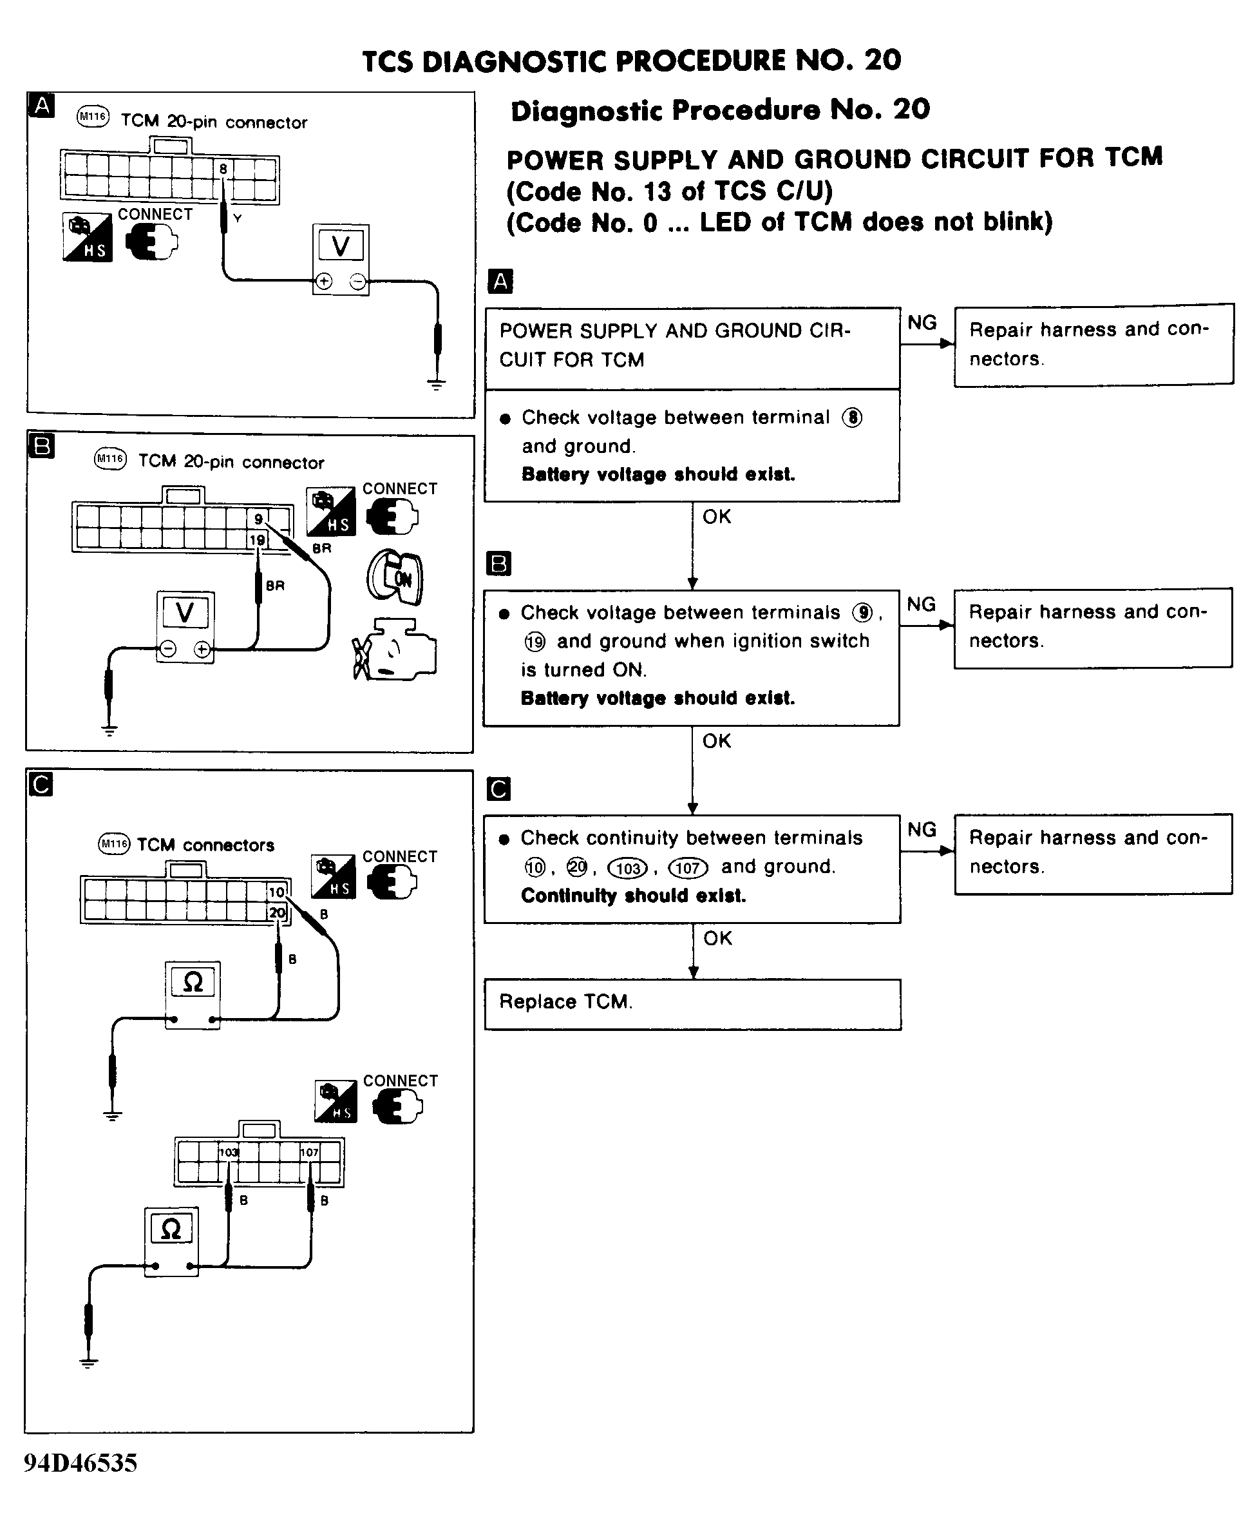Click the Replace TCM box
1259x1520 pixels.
click(x=692, y=1004)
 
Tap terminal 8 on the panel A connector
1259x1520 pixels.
click(x=223, y=169)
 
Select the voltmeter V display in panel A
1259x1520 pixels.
click(x=341, y=246)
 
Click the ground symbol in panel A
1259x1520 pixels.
click(x=437, y=383)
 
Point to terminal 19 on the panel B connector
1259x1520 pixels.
click(x=257, y=540)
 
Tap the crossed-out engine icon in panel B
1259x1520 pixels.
click(x=394, y=650)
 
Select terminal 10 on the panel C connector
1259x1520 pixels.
click(x=276, y=892)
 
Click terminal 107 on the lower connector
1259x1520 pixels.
click(x=309, y=1152)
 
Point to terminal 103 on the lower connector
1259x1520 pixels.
click(x=229, y=1152)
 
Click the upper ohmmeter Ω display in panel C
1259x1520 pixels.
click(x=193, y=982)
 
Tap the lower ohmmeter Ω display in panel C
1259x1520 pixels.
click(x=171, y=1228)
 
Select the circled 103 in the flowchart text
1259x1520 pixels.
click(x=627, y=868)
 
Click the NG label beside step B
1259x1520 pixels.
click(x=921, y=604)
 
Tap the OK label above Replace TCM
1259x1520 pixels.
click(x=717, y=938)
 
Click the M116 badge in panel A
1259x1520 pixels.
click(x=93, y=117)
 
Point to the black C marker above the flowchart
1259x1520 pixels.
click(x=498, y=789)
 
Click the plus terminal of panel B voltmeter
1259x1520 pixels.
click(x=203, y=650)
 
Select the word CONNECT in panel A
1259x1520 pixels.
click(x=155, y=215)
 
